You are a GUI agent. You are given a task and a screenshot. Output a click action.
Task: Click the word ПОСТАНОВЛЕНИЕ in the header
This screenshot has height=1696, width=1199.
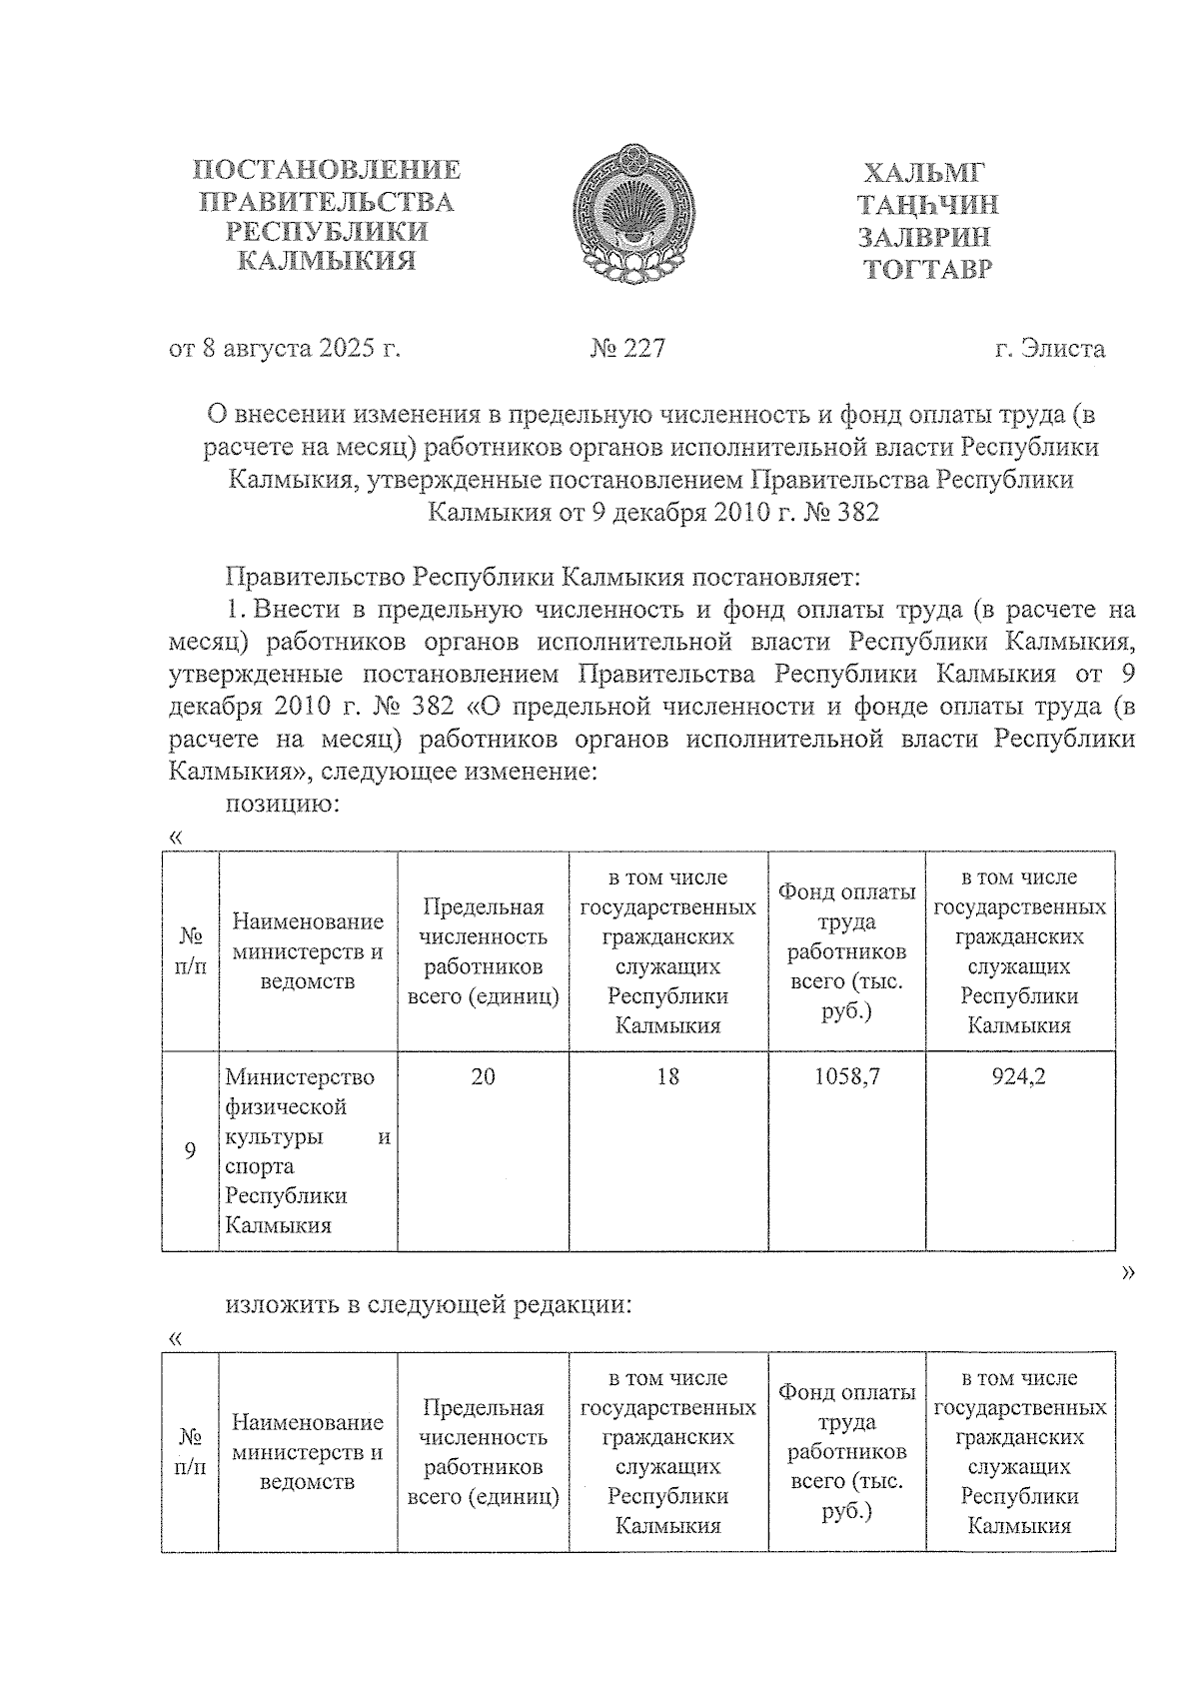pyautogui.click(x=327, y=170)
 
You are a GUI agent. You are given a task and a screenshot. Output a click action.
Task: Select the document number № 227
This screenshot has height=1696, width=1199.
pyautogui.click(x=627, y=349)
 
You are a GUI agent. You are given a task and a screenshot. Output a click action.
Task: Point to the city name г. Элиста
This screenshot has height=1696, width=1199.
pyautogui.click(x=1049, y=349)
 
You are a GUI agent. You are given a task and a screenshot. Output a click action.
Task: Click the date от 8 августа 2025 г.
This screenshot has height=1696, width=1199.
pyautogui.click(x=285, y=349)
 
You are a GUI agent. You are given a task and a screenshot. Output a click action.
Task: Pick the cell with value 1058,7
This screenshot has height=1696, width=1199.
pyautogui.click(x=846, y=1076)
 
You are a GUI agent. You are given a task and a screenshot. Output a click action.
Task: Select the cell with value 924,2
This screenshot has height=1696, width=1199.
pyautogui.click(x=1019, y=1076)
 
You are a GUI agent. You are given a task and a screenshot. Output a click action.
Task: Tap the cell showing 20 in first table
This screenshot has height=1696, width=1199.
pyautogui.click(x=483, y=1076)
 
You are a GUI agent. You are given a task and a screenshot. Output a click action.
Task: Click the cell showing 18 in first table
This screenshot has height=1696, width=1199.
pyautogui.click(x=667, y=1076)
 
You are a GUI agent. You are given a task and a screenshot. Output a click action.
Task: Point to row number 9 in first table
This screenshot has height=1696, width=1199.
pyautogui.click(x=190, y=1150)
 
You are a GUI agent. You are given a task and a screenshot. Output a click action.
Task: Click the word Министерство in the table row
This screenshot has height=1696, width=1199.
pyautogui.click(x=300, y=1077)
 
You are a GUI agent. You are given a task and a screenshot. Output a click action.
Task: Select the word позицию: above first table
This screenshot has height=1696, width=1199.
pyautogui.click(x=284, y=803)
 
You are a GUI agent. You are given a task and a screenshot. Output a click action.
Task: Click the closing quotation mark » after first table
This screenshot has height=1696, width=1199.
pyautogui.click(x=1129, y=1271)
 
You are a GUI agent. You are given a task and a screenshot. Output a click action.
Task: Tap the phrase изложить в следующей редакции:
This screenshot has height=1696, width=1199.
pyautogui.click(x=429, y=1305)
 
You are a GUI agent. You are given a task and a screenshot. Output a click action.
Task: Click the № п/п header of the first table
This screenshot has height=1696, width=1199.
pyautogui.click(x=190, y=951)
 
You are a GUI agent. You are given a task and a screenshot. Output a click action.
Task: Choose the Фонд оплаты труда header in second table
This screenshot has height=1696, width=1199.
pyautogui.click(x=846, y=1451)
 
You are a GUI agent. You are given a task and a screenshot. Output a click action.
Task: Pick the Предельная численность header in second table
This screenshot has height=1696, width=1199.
pyautogui.click(x=483, y=1451)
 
